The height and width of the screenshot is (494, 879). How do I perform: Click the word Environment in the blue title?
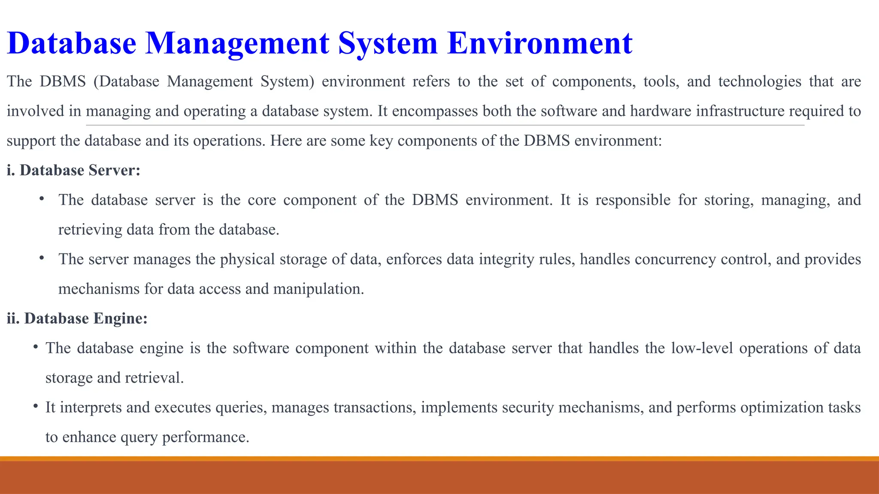[x=540, y=43]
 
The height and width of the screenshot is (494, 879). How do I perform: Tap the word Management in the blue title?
[x=237, y=43]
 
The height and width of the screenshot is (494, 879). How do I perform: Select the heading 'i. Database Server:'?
[x=74, y=170]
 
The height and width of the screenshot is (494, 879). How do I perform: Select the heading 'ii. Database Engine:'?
[x=77, y=318]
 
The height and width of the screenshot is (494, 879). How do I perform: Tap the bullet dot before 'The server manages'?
[x=42, y=258]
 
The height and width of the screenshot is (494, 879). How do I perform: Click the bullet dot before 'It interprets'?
[x=36, y=406]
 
